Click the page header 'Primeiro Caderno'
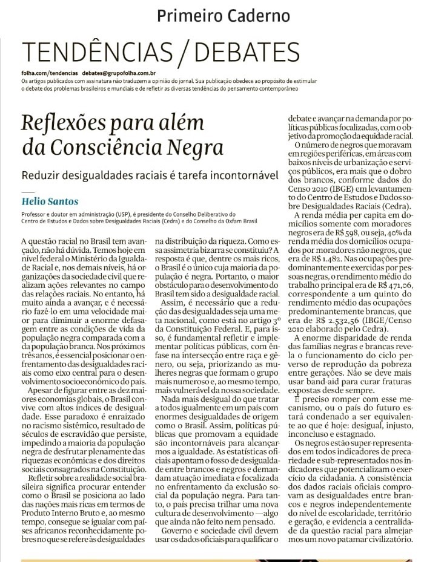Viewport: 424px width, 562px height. tap(223, 16)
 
